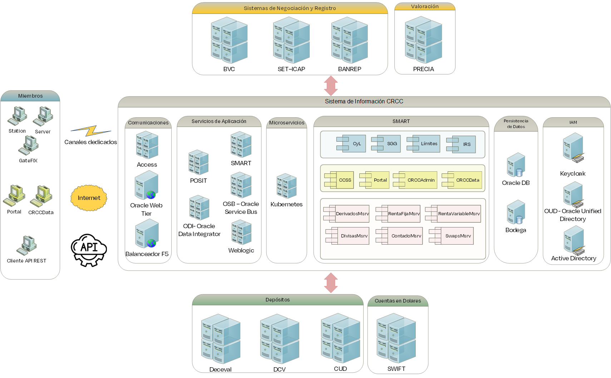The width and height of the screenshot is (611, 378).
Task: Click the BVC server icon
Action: (229, 40)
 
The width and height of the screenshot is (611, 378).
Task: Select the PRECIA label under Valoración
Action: (423, 69)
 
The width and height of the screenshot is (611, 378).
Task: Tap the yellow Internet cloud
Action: (89, 198)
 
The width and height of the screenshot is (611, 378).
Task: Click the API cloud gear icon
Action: (89, 250)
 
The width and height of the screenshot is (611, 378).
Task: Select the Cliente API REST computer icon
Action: (27, 245)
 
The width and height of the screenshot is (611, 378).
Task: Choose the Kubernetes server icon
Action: (286, 186)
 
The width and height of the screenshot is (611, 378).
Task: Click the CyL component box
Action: (351, 143)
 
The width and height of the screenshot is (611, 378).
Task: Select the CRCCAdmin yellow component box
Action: (415, 180)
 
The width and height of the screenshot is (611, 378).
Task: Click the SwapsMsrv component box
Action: (452, 236)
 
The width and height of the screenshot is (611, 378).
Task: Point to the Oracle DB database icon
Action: (516, 165)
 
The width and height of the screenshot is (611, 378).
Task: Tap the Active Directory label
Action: (573, 258)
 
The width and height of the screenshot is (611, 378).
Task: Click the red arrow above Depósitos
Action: (331, 283)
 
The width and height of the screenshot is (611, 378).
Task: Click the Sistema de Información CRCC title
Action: (364, 102)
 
